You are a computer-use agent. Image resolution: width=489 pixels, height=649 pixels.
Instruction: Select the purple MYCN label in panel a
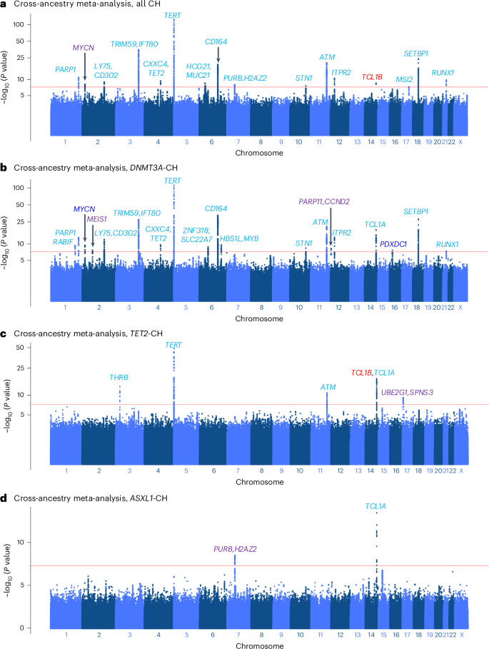pyautogui.click(x=84, y=48)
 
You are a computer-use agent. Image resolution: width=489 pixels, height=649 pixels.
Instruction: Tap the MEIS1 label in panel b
pyautogui.click(x=96, y=219)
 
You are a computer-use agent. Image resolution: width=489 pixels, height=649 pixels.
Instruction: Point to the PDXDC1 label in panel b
pyautogui.click(x=393, y=244)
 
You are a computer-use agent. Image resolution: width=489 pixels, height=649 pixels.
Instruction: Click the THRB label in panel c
pyautogui.click(x=119, y=377)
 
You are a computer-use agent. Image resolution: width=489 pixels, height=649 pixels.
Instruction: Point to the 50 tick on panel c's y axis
pyautogui.click(x=40, y=348)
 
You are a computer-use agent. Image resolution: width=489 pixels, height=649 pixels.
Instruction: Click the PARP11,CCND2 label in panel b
pyautogui.click(x=327, y=202)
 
